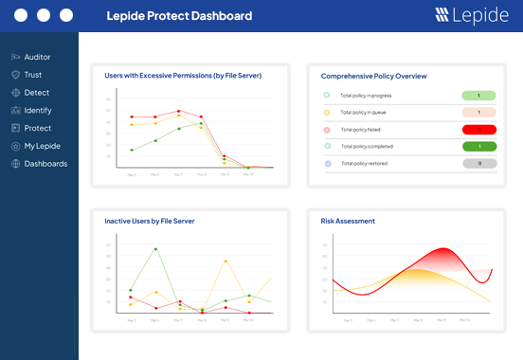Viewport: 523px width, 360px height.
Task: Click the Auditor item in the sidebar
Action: [x=37, y=57]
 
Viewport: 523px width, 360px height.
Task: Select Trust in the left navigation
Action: [x=32, y=75]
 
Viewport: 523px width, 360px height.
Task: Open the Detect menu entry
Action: [x=36, y=93]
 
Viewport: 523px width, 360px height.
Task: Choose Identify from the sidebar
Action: [x=38, y=111]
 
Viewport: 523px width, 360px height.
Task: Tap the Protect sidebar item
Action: [x=37, y=128]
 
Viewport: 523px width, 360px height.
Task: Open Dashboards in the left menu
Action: [x=45, y=164]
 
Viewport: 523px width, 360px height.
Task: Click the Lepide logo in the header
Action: [x=472, y=15]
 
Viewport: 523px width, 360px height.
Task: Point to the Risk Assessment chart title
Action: [x=348, y=221]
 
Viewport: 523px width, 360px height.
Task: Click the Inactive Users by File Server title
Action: [x=150, y=221]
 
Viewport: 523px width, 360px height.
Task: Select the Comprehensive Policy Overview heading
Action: [x=373, y=76]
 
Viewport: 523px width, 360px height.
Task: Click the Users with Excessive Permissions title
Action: [x=183, y=76]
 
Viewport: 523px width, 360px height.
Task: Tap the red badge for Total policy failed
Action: [x=479, y=130]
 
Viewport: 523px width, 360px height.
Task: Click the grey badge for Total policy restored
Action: [x=479, y=164]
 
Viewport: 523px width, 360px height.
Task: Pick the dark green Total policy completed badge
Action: [x=479, y=147]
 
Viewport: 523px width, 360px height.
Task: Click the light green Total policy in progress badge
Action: [x=479, y=96]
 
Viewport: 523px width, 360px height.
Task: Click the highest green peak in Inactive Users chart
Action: [x=155, y=249]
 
